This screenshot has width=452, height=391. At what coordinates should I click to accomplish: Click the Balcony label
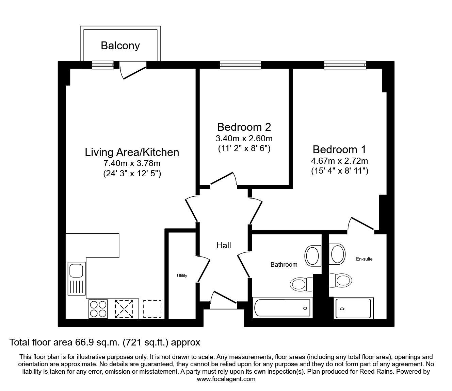click(120, 46)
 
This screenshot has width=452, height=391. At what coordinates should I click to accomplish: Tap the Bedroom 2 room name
click(244, 127)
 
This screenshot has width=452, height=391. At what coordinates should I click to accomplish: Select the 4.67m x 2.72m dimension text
click(339, 161)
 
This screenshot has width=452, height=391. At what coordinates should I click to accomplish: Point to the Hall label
click(224, 246)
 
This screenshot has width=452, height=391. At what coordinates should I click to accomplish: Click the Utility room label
click(182, 276)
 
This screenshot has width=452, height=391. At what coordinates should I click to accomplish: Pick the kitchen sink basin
click(76, 270)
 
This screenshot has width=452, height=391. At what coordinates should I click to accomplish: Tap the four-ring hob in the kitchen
click(98, 309)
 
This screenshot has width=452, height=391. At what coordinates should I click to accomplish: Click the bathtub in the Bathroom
click(282, 308)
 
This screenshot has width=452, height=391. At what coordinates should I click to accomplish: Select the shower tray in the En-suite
click(354, 308)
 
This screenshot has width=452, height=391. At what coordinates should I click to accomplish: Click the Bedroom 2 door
click(224, 179)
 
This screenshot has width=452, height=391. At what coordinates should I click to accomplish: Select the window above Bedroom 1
click(345, 65)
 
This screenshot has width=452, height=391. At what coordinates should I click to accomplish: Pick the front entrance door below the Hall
click(223, 300)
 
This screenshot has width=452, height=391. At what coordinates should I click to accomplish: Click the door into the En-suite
click(361, 224)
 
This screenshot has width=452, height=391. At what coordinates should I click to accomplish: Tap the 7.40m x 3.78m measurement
click(132, 163)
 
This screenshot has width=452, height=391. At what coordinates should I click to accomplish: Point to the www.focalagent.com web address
click(226, 379)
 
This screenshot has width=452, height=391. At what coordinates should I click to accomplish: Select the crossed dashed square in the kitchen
click(124, 309)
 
